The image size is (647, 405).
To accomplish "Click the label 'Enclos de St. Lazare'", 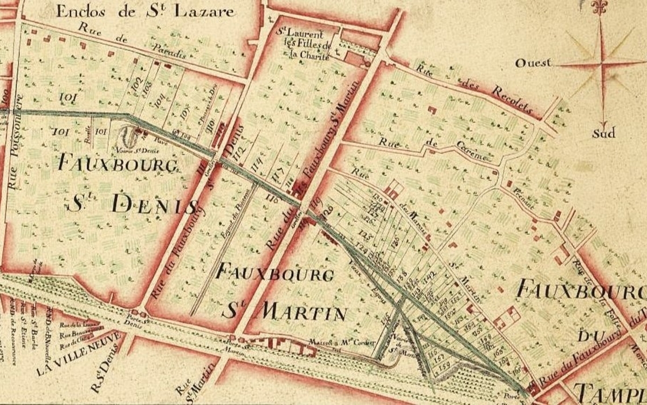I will pyautogui.click(x=146, y=11).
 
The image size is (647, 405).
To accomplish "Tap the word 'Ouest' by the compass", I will pyautogui.click(x=533, y=63).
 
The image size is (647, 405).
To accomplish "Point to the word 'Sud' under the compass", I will pyautogui.click(x=603, y=133).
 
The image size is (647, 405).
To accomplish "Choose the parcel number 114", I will pyautogui.click(x=257, y=162).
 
